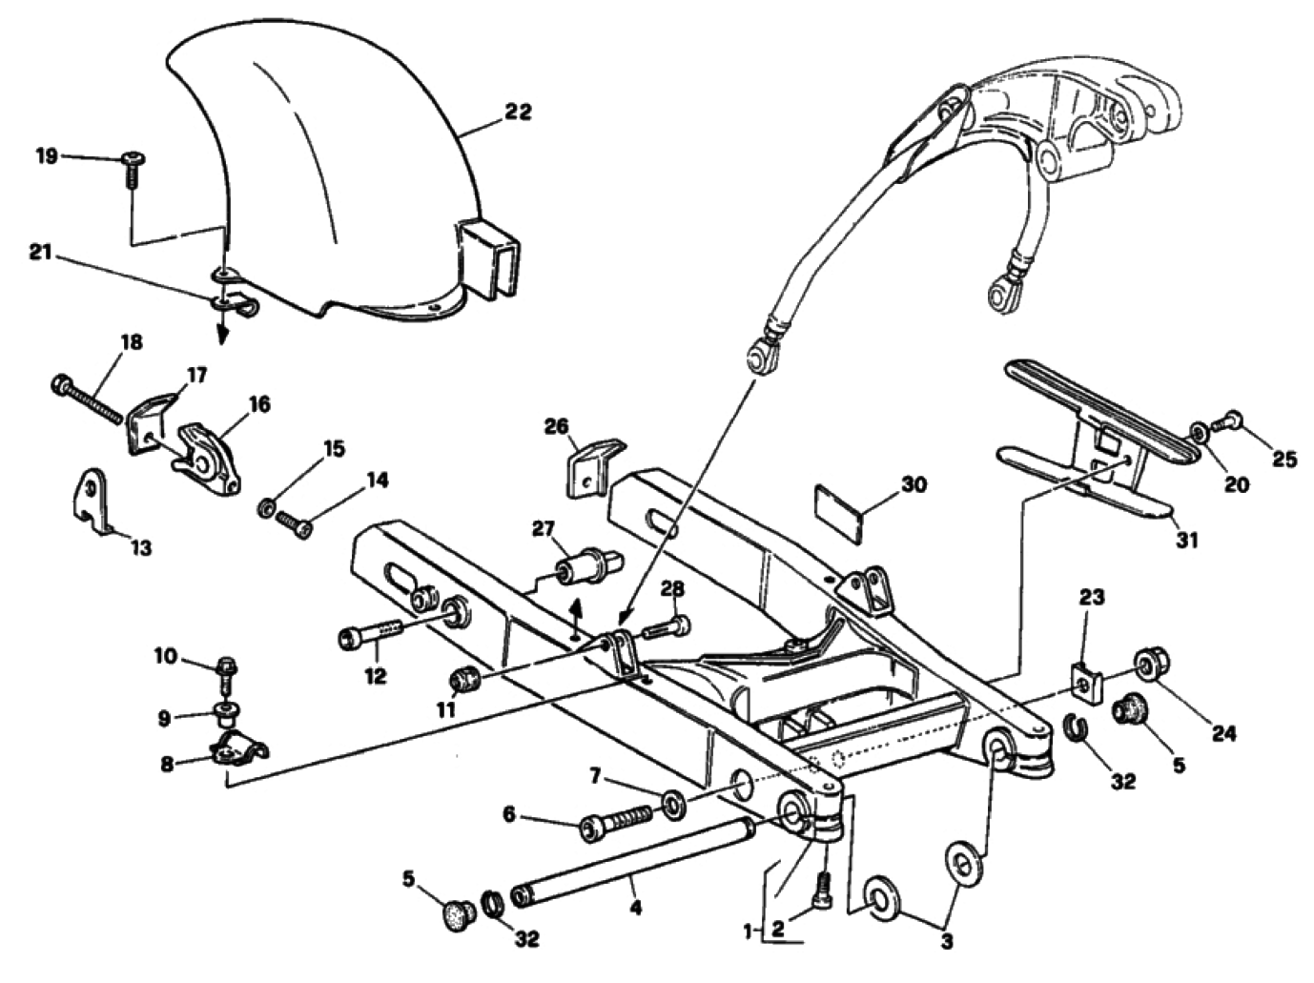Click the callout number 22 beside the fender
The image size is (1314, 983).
(519, 112)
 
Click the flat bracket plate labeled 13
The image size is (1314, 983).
(92, 500)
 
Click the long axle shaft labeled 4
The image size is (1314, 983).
(635, 861)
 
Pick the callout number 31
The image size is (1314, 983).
(1186, 541)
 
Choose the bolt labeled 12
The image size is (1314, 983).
(373, 635)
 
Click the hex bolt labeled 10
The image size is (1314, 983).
(227, 670)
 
